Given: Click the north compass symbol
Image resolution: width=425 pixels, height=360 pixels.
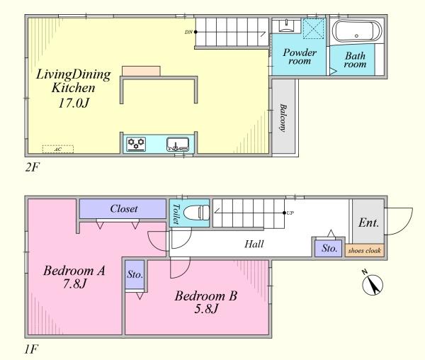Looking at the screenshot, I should pyautogui.click(x=372, y=284).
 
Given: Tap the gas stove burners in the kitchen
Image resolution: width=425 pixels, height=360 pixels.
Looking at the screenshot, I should pyautogui.click(x=136, y=145).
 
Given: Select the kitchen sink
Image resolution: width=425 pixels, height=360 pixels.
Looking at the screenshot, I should pyautogui.click(x=178, y=145).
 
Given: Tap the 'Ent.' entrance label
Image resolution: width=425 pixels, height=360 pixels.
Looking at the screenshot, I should pyautogui.click(x=368, y=223).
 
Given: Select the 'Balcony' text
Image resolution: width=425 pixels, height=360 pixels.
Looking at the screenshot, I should pyautogui.click(x=283, y=118).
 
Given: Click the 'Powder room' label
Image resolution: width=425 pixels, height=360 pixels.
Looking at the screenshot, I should pyautogui.click(x=299, y=57).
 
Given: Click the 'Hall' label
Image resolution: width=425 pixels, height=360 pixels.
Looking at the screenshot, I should pyautogui.click(x=254, y=244).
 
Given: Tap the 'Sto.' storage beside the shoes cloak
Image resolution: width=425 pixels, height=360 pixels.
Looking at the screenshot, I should pyautogui.click(x=327, y=249).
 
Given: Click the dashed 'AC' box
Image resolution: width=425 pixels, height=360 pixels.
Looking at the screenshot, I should pyautogui.click(x=53, y=150).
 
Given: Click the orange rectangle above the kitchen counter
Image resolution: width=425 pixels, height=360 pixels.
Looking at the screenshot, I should pyautogui.click(x=140, y=70).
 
